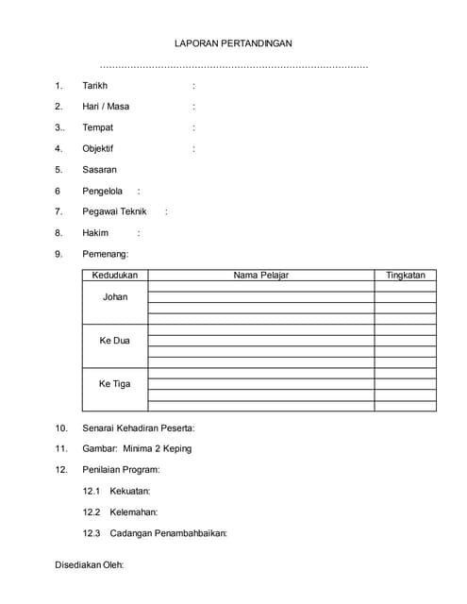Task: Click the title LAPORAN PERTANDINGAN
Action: click(234, 43)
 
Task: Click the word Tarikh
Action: click(95, 85)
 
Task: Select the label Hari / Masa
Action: click(106, 106)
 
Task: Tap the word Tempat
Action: click(98, 127)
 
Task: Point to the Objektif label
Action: click(98, 148)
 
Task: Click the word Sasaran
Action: click(100, 170)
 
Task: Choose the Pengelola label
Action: click(103, 191)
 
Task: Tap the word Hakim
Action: click(96, 232)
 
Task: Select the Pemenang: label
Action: click(106, 254)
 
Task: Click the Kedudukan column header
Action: click(115, 276)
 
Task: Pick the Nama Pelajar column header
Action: click(260, 276)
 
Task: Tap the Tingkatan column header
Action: click(406, 276)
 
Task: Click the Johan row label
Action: click(115, 297)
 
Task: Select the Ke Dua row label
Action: click(115, 341)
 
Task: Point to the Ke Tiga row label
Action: click(115, 384)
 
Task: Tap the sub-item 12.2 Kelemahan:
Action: click(120, 512)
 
